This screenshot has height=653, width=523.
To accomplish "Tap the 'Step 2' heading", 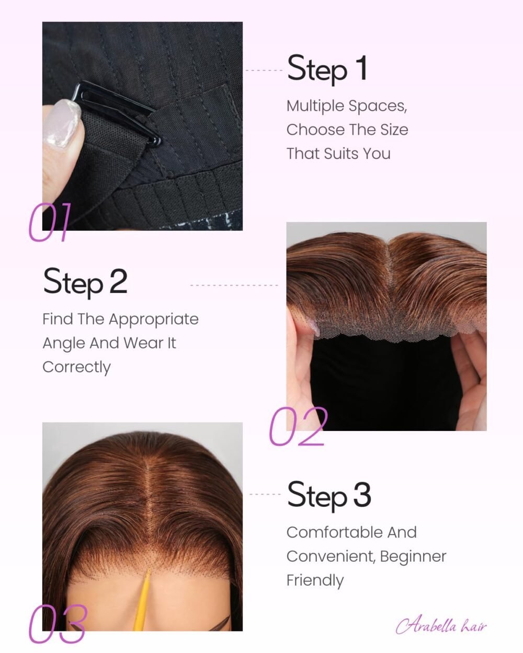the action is tap(85, 283).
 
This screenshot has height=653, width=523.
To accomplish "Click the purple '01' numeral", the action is tap(50, 222).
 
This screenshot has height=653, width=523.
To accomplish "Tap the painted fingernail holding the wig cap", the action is tap(62, 123).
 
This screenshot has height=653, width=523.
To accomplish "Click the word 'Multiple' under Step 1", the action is tap(315, 107).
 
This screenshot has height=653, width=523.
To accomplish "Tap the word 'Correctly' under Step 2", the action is tap(76, 367).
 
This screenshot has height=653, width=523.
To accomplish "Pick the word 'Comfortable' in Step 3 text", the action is tap(335, 532).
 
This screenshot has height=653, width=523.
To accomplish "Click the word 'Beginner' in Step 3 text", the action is tap(413, 557).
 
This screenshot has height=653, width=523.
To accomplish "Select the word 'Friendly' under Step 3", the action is tap(315, 580).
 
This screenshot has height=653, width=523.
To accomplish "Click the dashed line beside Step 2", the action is tap(234, 285).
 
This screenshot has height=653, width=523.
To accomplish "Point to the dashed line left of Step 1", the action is tap(264, 71).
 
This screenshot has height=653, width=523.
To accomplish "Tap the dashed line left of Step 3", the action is tap(265, 494).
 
